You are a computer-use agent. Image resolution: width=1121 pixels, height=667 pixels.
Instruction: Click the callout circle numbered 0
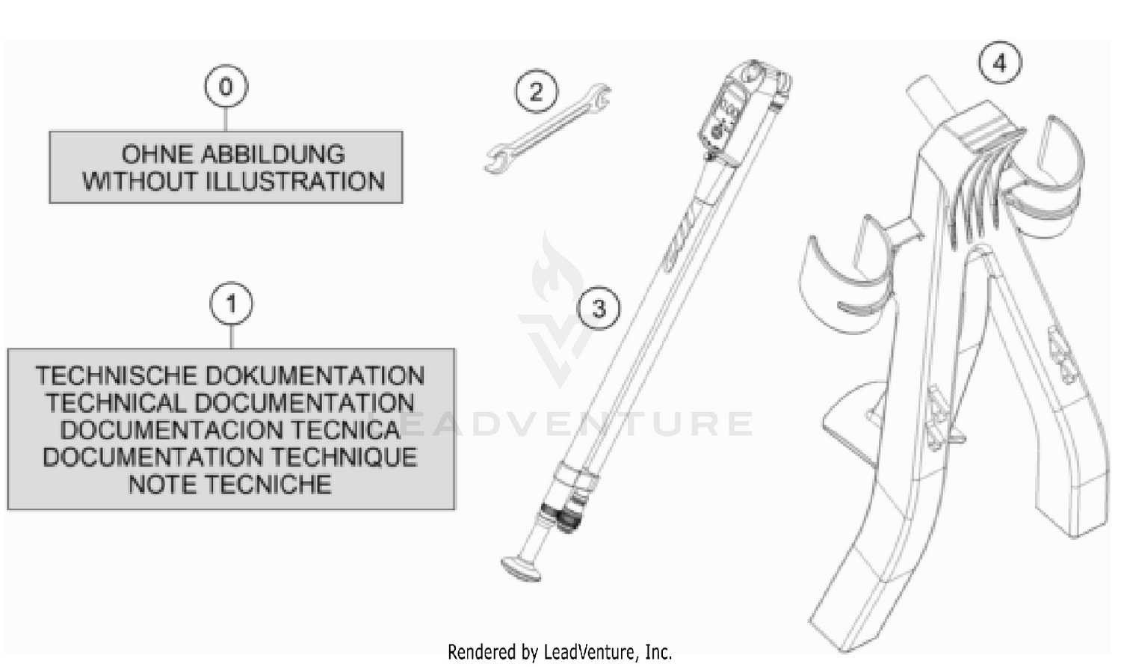[x=226, y=86]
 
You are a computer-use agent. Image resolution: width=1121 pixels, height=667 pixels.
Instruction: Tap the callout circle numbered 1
[x=231, y=304]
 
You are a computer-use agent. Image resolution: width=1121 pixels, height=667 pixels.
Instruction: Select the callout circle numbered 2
[x=537, y=92]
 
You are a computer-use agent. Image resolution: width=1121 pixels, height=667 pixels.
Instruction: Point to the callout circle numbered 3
[x=599, y=308]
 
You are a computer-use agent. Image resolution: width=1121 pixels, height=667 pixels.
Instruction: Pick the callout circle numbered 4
[x=999, y=63]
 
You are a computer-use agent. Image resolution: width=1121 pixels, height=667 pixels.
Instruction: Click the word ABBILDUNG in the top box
[x=273, y=154]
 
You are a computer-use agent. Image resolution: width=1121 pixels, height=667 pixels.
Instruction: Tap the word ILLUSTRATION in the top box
[x=296, y=181]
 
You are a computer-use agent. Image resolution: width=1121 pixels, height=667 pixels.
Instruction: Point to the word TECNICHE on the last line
[x=268, y=485]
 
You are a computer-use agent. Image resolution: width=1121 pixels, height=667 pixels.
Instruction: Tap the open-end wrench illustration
[x=547, y=129]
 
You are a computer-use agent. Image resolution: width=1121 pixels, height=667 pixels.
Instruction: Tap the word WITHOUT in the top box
[x=140, y=181]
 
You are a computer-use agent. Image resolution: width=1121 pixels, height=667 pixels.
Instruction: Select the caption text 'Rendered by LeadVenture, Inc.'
[x=560, y=652]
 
